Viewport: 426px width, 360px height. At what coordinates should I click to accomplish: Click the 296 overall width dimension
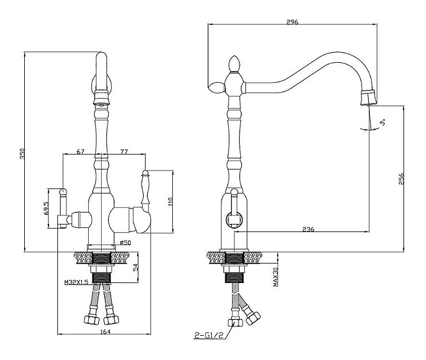[x=292, y=22]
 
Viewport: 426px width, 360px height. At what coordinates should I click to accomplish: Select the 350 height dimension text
[x=22, y=153]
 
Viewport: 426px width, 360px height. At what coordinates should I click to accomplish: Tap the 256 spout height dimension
[x=401, y=179]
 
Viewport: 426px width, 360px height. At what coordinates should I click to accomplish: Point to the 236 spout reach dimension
[x=308, y=229]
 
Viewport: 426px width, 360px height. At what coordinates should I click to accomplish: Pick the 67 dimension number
[x=80, y=152]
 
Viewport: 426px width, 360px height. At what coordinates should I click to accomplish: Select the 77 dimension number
[x=124, y=152]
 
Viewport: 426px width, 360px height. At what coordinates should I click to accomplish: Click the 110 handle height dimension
[x=170, y=201]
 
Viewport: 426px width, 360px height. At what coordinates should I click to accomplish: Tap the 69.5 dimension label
[x=46, y=208]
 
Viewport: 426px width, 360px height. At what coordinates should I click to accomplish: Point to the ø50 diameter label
[x=125, y=242]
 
